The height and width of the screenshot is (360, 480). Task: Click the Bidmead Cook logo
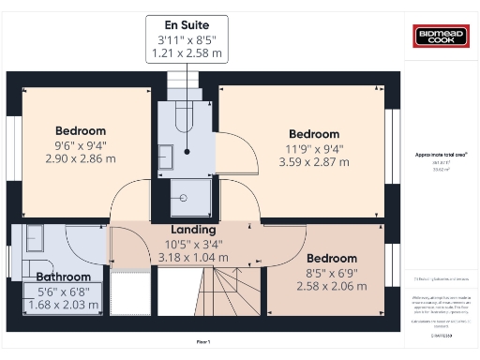(440, 37)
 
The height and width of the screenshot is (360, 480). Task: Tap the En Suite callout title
(187, 24)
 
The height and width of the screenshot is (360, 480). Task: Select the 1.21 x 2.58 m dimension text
(187, 55)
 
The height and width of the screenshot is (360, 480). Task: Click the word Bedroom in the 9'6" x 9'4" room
(81, 130)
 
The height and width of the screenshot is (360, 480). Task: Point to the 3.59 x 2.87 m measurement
(314, 161)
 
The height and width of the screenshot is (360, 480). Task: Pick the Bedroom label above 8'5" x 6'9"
(332, 258)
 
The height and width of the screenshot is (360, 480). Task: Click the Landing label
(193, 230)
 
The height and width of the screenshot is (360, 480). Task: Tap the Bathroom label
(64, 277)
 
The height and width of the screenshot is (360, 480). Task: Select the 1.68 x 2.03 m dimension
(64, 304)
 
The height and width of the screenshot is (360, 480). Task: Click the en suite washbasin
(165, 157)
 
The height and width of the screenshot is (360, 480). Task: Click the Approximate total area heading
(441, 154)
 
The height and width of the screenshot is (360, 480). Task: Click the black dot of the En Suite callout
(187, 151)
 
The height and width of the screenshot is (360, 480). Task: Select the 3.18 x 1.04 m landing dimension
(193, 256)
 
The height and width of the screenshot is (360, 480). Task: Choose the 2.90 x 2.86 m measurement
(81, 159)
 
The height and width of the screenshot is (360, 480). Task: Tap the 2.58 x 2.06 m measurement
(332, 285)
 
